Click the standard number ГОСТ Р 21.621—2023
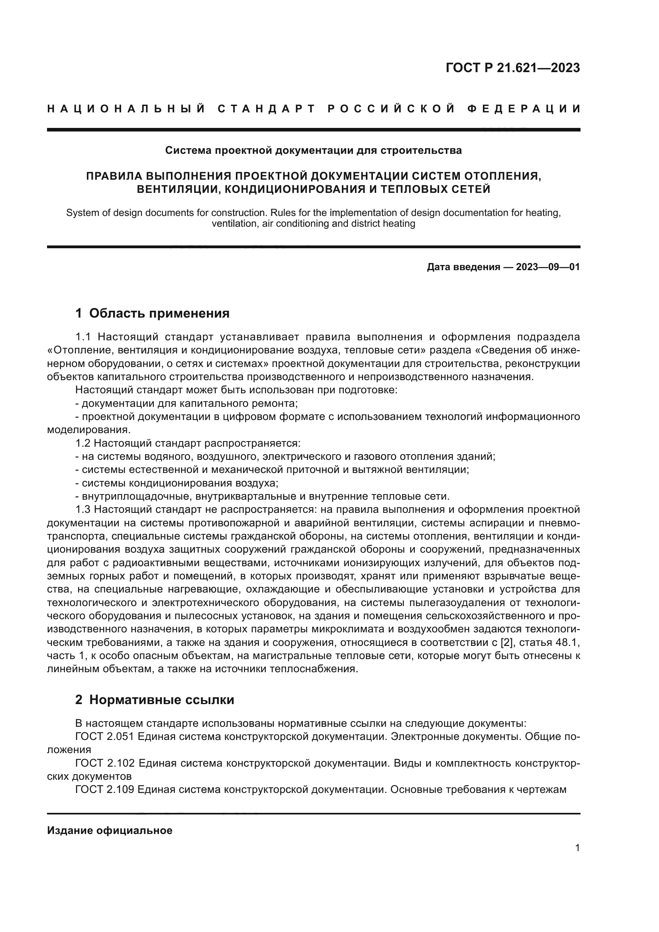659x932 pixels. [512, 68]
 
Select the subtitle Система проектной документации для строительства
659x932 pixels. [313, 151]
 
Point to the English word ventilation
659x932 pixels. [235, 224]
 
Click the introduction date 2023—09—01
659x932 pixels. [548, 267]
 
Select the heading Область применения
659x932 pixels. [159, 313]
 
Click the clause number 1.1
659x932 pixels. [84, 337]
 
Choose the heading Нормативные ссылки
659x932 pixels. [161, 700]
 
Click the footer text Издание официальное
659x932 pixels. [110, 830]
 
